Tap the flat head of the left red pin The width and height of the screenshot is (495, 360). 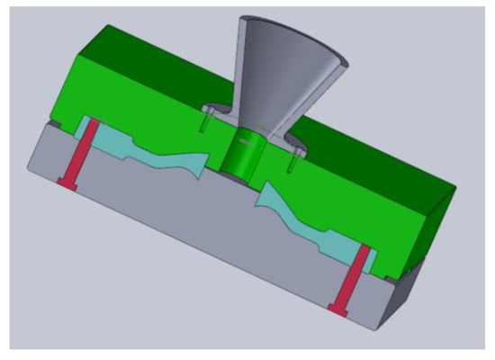[66, 184]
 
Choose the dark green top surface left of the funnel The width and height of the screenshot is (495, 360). [135, 63]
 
